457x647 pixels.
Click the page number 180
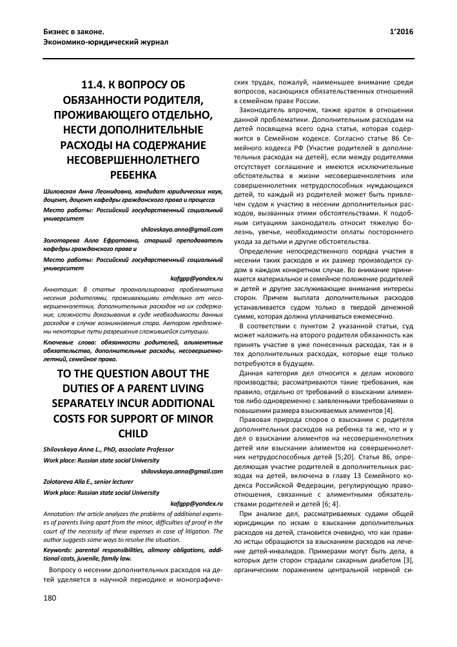(49, 617)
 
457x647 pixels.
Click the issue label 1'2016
(402, 32)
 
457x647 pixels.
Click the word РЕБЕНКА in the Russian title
(133, 175)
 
